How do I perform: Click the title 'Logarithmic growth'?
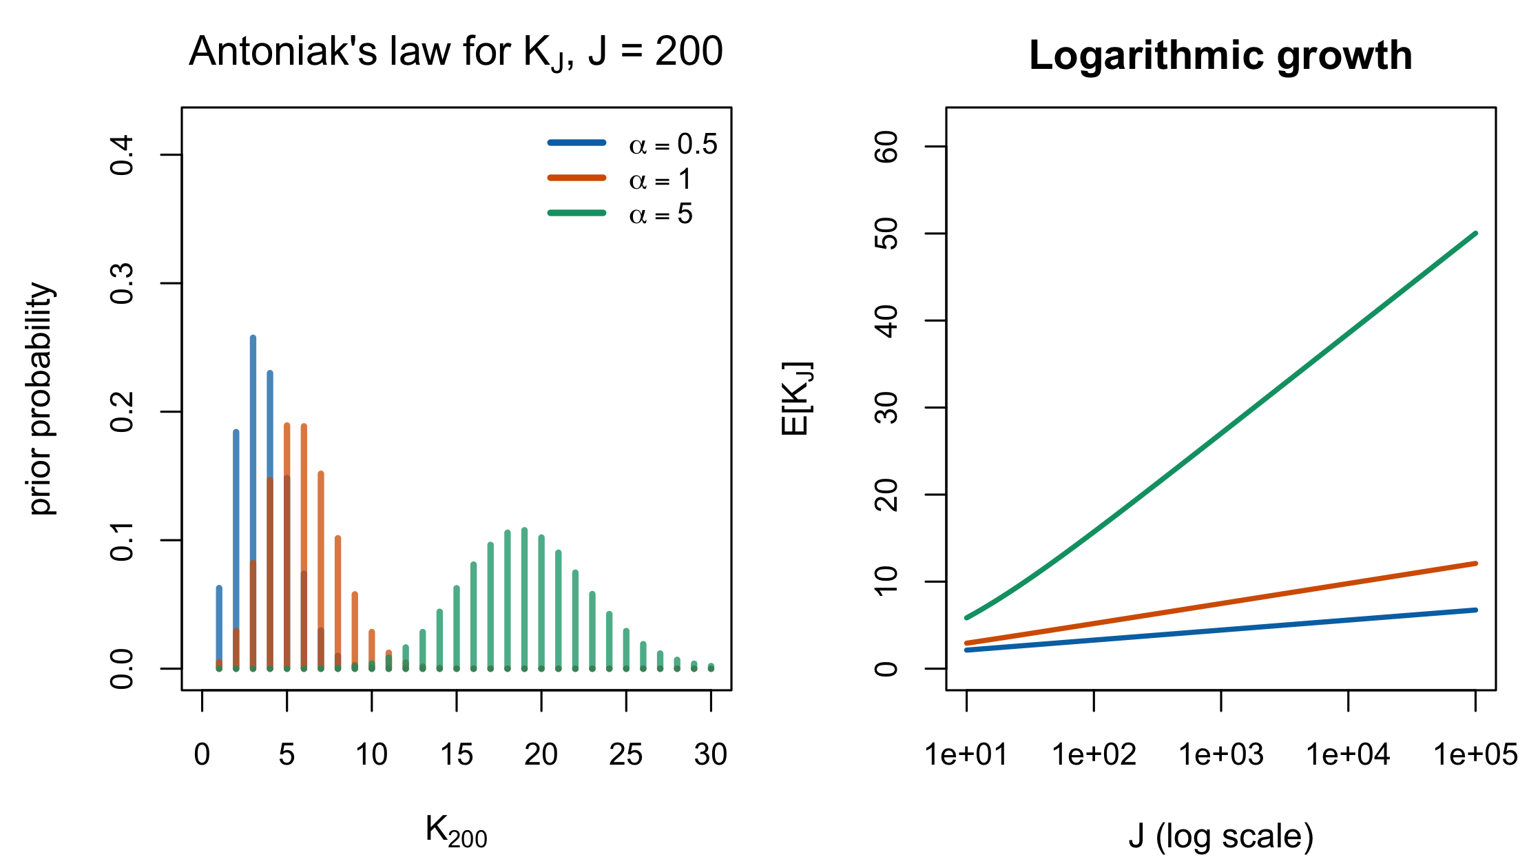point(1220,55)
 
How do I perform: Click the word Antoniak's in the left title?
point(283,51)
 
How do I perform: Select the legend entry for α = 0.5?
point(633,143)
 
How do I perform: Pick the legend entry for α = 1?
point(620,179)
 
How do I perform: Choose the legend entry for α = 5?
point(620,214)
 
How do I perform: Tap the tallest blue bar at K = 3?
point(253,502)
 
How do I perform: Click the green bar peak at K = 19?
point(524,599)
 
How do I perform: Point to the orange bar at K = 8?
point(337,603)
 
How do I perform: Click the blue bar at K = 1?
point(219,628)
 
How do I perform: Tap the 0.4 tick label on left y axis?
point(123,155)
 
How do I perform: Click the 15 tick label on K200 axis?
point(457,755)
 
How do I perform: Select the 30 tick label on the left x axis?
point(711,755)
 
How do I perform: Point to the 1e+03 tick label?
point(1221,755)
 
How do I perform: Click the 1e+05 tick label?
point(1475,755)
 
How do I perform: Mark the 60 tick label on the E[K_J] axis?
point(886,146)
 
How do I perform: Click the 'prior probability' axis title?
point(41,398)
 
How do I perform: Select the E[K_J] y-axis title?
point(797,398)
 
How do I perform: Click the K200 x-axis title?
point(456,830)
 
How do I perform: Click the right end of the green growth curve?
point(1475,234)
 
